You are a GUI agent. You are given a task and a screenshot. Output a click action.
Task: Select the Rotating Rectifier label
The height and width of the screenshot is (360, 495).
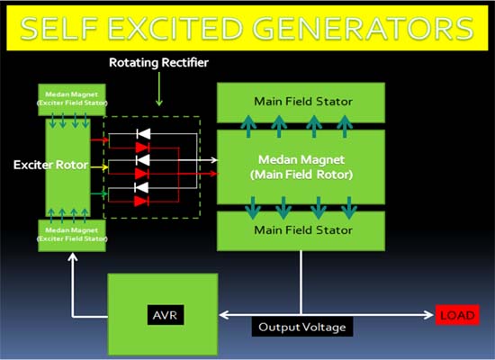pos(160,64)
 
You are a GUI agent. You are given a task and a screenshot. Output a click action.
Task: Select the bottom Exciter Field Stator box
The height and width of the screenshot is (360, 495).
pos(71,235)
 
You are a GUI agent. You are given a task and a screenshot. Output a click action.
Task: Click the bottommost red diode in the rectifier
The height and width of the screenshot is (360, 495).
pos(141,201)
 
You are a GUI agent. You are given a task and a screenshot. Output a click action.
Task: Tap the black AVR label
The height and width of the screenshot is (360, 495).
pos(163,315)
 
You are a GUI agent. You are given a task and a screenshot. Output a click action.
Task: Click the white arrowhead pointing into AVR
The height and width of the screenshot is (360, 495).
pos(224,315)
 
